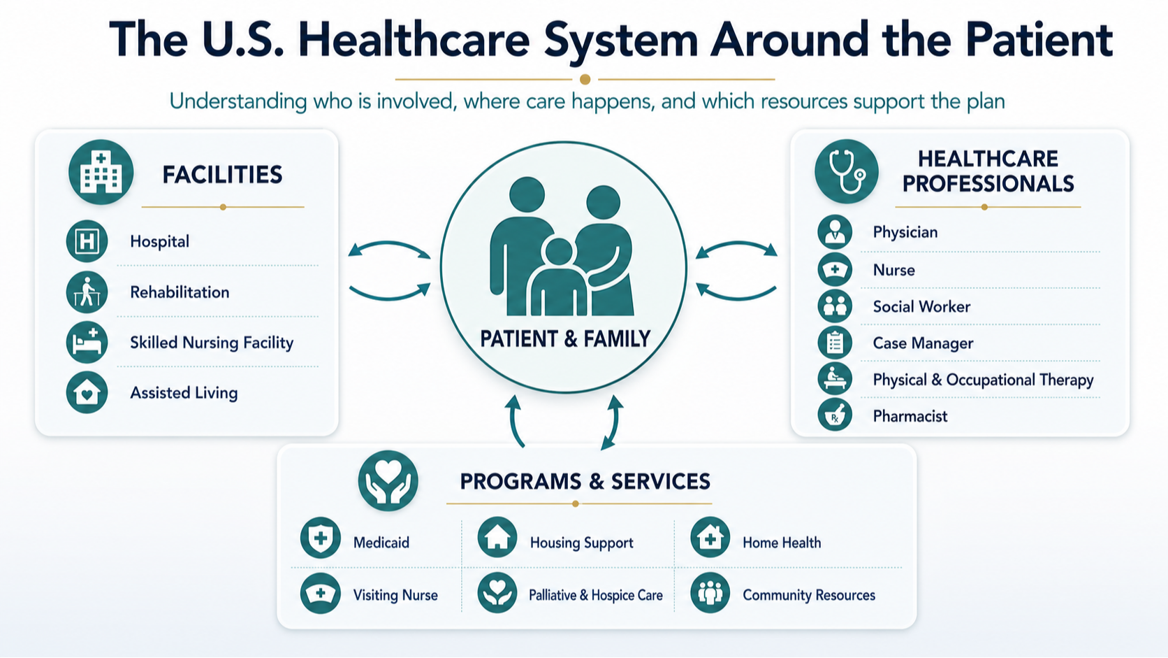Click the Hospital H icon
coord(87,241)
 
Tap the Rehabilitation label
coord(180,292)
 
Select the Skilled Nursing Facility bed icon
coord(87,343)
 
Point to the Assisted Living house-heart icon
coord(87,392)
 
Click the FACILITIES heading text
coord(222,175)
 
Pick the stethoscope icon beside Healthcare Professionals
coord(846,171)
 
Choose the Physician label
coord(905,232)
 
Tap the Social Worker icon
coord(835,306)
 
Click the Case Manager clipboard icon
coord(835,343)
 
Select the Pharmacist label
coord(910,416)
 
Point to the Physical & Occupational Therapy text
coord(983,380)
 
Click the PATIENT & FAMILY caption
coord(565,339)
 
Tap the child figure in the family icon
coord(558,277)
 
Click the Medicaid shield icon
coord(321,538)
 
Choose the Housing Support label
coord(581,543)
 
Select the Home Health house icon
coord(710,538)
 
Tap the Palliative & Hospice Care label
coord(595,595)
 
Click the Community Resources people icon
coord(710,593)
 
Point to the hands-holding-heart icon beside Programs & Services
coord(388,480)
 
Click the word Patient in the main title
coord(1039,40)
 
